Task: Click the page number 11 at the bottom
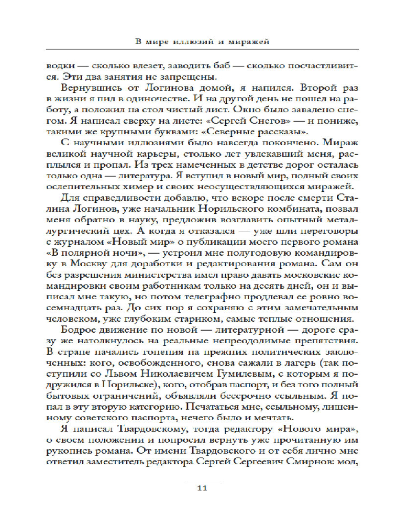(203, 489)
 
